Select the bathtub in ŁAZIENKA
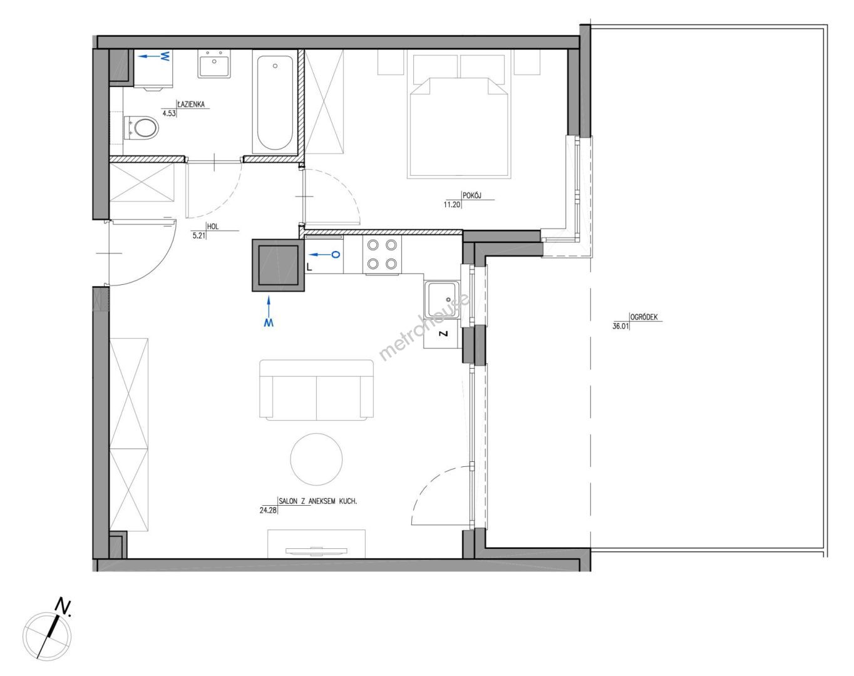tap(275, 103)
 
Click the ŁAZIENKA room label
tap(191, 105)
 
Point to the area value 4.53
tap(168, 113)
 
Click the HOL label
tap(213, 227)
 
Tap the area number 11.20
tap(453, 205)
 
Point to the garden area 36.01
tap(620, 327)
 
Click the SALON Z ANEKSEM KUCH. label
tap(318, 501)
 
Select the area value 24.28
tap(268, 511)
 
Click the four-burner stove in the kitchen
tap(382, 254)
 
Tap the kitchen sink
tap(441, 300)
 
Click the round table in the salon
tap(316, 459)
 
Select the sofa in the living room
tap(316, 389)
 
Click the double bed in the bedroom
tap(459, 116)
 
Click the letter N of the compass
tap(63, 605)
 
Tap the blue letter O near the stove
tap(336, 254)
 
